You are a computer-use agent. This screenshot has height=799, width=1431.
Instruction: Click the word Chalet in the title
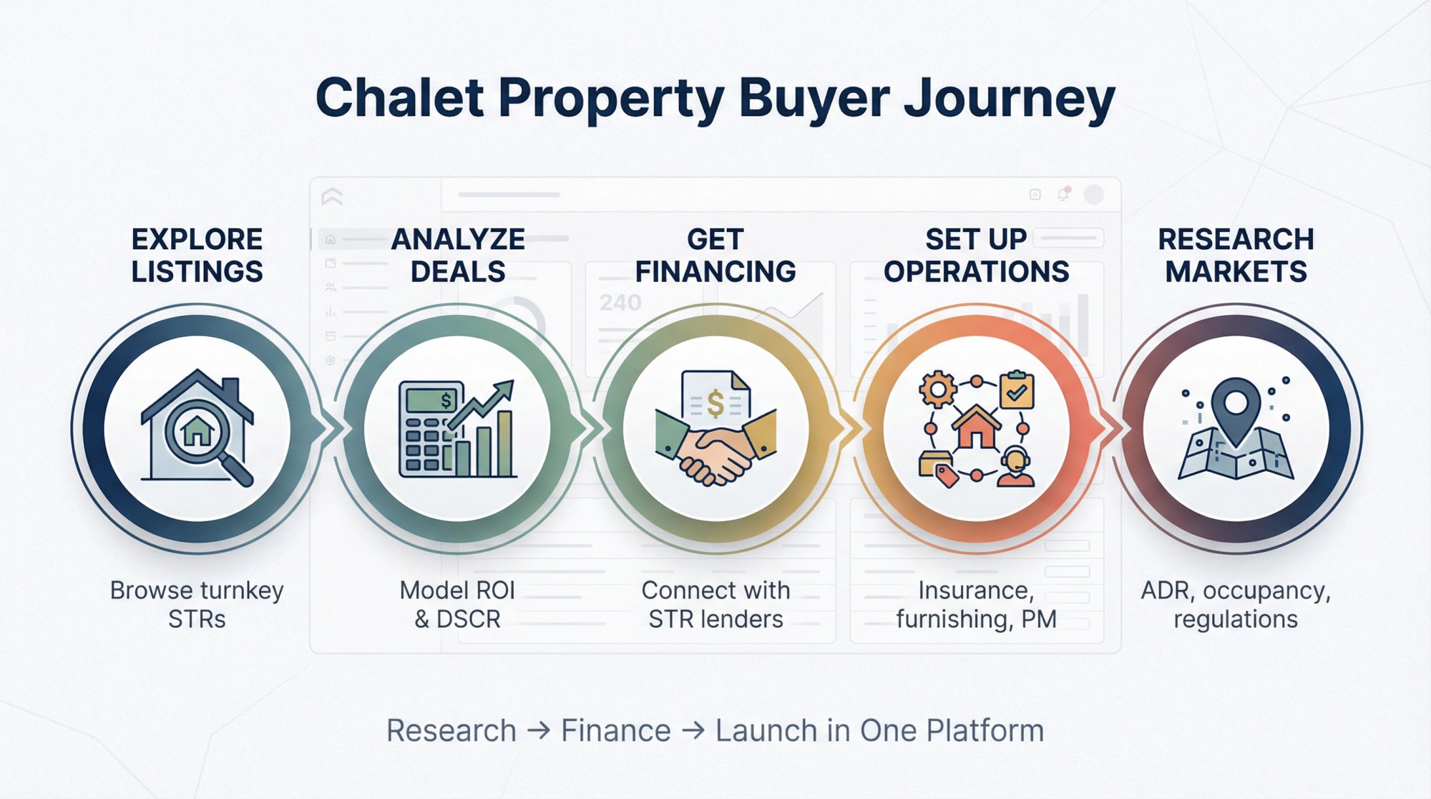click(x=400, y=98)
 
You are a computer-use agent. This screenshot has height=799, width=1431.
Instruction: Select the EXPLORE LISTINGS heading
click(x=197, y=255)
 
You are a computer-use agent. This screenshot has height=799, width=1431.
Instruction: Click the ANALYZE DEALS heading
click(x=458, y=255)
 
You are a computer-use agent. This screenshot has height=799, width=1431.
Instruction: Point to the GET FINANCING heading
click(x=715, y=255)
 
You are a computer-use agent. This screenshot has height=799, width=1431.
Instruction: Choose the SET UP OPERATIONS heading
click(x=976, y=255)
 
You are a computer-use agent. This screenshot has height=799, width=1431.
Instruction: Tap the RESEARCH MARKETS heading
click(x=1236, y=255)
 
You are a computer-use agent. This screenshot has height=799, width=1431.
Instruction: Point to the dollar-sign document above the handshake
click(x=715, y=397)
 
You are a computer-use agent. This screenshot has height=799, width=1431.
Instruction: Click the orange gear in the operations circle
click(x=937, y=389)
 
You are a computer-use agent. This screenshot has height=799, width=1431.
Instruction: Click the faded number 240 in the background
click(x=620, y=303)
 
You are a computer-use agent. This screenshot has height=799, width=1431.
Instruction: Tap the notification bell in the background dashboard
click(x=1063, y=194)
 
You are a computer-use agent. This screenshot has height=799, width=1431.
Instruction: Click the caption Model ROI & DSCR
click(x=458, y=604)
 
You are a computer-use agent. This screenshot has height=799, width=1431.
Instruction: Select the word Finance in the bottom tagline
click(x=615, y=730)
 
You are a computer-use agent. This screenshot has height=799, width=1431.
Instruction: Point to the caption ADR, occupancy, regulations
click(x=1236, y=604)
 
